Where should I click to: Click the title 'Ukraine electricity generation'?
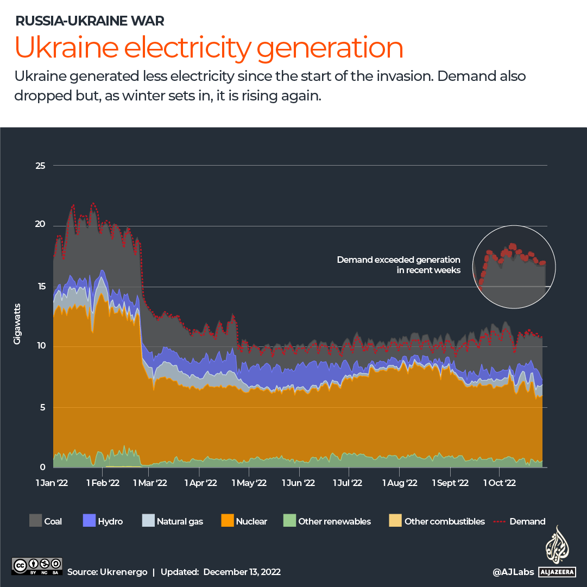(209, 48)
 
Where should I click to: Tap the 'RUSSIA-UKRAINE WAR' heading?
(90, 21)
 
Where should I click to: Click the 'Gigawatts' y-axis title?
(17, 324)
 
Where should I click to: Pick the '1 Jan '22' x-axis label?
(53, 482)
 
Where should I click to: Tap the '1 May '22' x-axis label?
(252, 482)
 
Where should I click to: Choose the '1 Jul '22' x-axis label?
(348, 482)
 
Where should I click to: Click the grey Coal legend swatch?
(35, 521)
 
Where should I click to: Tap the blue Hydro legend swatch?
(89, 521)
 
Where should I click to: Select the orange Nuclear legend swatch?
(227, 521)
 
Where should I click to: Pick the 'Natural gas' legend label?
(180, 521)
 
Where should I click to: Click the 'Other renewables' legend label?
(334, 521)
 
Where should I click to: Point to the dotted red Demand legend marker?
(500, 521)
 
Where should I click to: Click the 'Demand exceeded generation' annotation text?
(398, 260)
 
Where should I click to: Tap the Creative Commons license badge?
(36, 566)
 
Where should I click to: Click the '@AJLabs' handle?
(513, 572)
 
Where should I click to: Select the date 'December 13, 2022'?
(242, 572)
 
